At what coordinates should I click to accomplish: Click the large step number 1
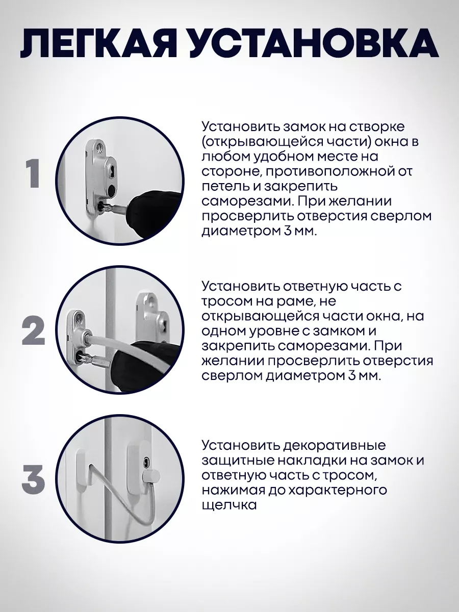(34, 174)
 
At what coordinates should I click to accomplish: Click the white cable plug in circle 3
(151, 475)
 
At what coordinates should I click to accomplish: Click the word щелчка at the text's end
(228, 505)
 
